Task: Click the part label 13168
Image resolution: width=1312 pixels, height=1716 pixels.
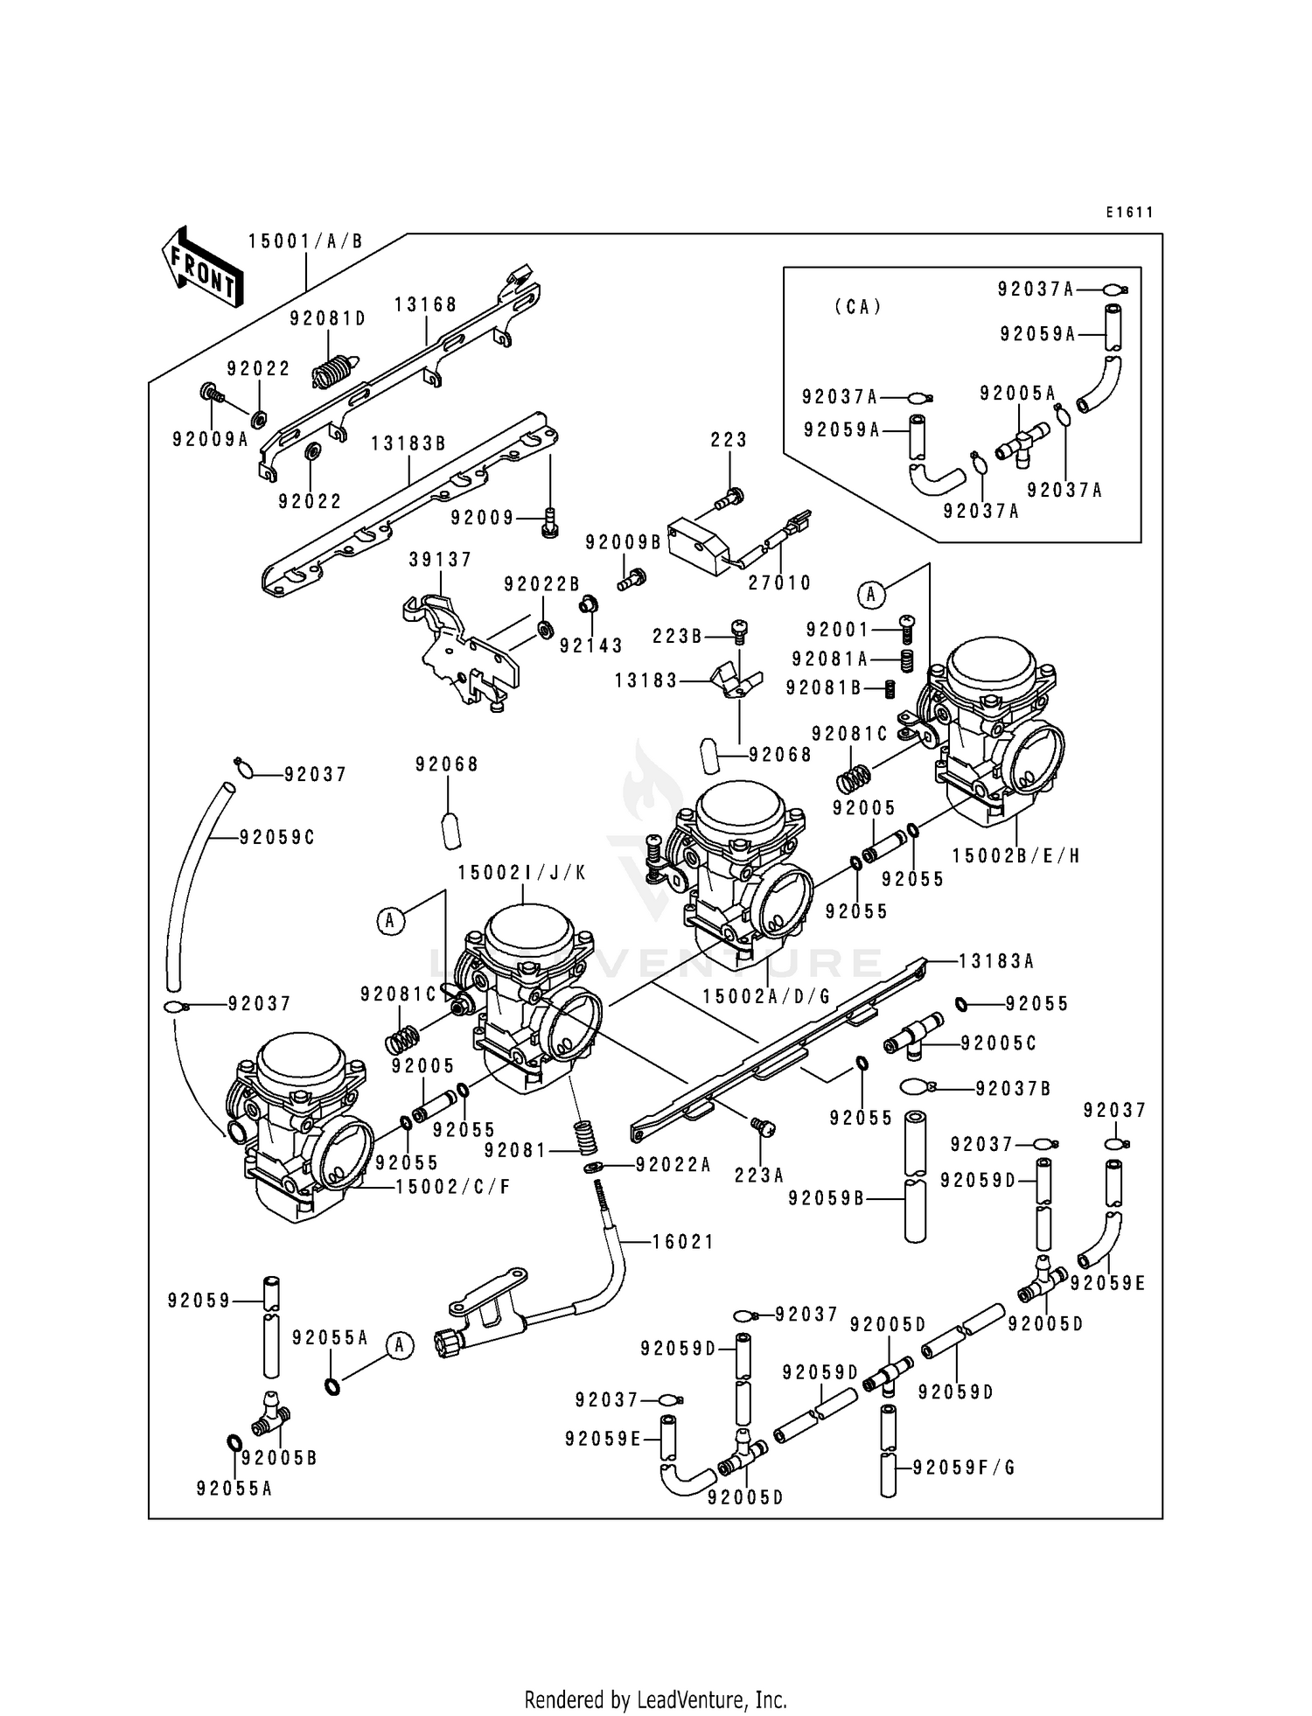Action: (x=425, y=304)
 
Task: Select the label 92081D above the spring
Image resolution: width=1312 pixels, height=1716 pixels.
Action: (x=328, y=319)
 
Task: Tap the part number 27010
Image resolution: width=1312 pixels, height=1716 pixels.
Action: (x=780, y=582)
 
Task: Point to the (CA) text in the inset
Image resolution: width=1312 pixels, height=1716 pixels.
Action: (x=858, y=307)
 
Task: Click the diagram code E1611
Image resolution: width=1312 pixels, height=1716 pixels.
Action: (x=1129, y=213)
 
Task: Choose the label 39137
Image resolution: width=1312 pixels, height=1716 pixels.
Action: (x=440, y=559)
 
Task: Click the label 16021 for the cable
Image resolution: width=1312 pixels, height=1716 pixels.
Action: (x=682, y=1241)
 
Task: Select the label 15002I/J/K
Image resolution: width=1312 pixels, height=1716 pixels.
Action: (x=522, y=873)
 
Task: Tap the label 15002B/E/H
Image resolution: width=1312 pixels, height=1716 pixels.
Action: (x=1016, y=855)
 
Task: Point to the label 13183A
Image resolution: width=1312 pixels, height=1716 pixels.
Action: (x=996, y=961)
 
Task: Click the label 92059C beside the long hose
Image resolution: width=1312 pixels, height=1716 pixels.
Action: (x=277, y=837)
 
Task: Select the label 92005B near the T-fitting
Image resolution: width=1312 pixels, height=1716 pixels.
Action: (x=279, y=1458)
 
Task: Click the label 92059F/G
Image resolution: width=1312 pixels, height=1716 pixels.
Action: (x=964, y=1467)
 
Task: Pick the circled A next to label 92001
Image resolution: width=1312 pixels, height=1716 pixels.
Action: (x=870, y=595)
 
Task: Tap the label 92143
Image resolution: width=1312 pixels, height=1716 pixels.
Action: (x=591, y=645)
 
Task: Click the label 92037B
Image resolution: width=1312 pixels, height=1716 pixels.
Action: (x=1014, y=1088)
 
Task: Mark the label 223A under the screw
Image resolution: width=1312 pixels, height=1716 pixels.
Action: (x=759, y=1175)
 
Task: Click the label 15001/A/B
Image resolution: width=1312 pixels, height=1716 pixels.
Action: (x=305, y=241)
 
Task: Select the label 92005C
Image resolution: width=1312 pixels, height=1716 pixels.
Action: (x=999, y=1043)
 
